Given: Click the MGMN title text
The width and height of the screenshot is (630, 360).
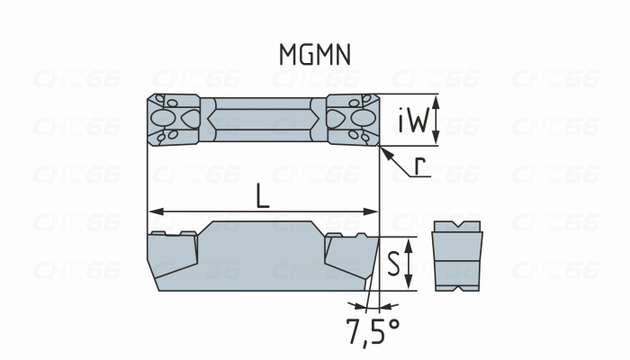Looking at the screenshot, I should pyautogui.click(x=314, y=56).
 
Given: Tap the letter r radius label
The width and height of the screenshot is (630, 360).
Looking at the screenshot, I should pyautogui.click(x=420, y=166).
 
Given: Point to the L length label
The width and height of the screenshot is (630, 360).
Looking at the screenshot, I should pyautogui.click(x=262, y=196).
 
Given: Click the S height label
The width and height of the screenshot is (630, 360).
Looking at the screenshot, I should pyautogui.click(x=394, y=264).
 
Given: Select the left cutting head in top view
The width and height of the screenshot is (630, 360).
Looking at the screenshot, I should pyautogui.click(x=173, y=119).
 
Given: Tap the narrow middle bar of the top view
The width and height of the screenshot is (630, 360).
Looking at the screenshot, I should pyautogui.click(x=263, y=119).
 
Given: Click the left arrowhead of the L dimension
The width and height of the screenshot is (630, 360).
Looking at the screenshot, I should pyautogui.click(x=153, y=212).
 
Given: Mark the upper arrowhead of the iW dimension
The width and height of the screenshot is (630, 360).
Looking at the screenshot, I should pyautogui.click(x=436, y=100).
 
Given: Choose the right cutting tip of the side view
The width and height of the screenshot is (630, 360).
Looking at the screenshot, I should pyautogui.click(x=375, y=237).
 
